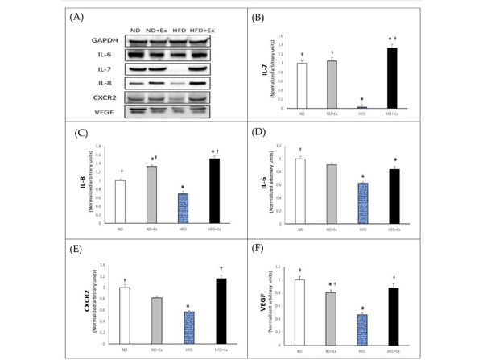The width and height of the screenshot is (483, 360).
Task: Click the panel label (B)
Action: (259, 16)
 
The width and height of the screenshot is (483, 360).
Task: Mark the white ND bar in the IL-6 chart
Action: (300, 189)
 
